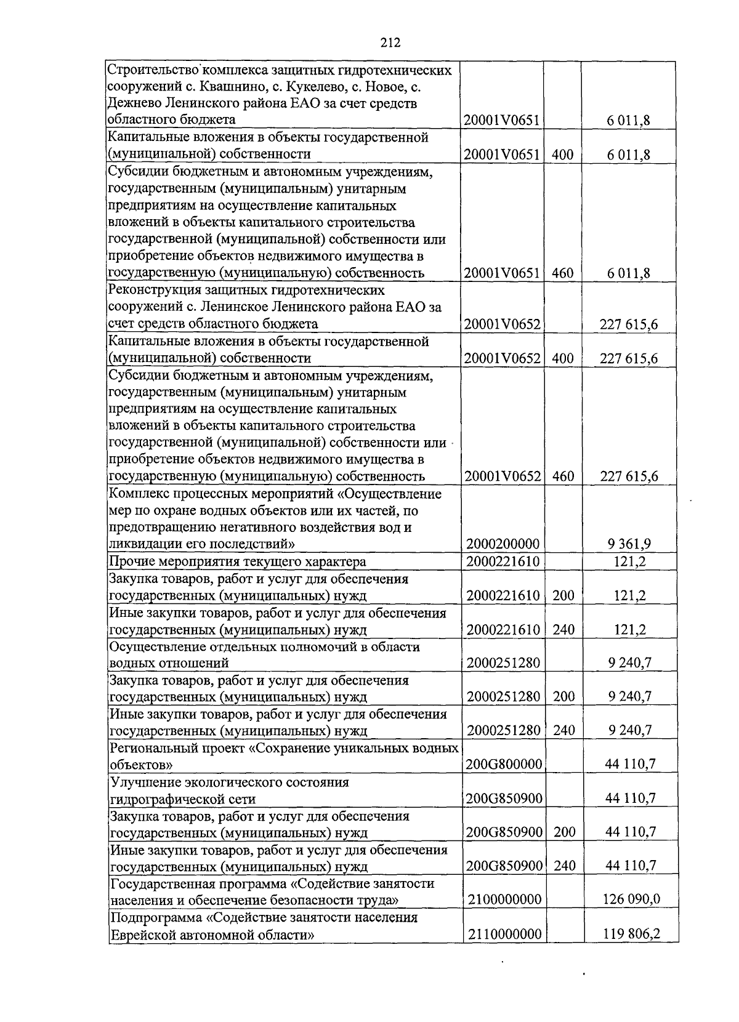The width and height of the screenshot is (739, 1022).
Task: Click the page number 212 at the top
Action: pyautogui.click(x=390, y=42)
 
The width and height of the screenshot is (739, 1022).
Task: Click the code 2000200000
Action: pyautogui.click(x=503, y=544)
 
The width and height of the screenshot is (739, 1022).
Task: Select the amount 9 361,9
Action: pyautogui.click(x=629, y=544)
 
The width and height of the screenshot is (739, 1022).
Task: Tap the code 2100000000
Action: pyautogui.click(x=504, y=899)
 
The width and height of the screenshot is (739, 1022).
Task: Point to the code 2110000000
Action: pyautogui.click(x=504, y=934)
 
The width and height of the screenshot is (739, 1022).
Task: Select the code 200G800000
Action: pyautogui.click(x=504, y=765)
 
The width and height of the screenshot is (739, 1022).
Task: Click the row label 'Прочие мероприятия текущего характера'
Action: pyautogui.click(x=237, y=561)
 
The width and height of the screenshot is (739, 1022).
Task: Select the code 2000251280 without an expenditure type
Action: pyautogui.click(x=503, y=663)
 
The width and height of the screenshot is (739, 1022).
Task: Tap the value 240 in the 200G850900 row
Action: pyautogui.click(x=564, y=866)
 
